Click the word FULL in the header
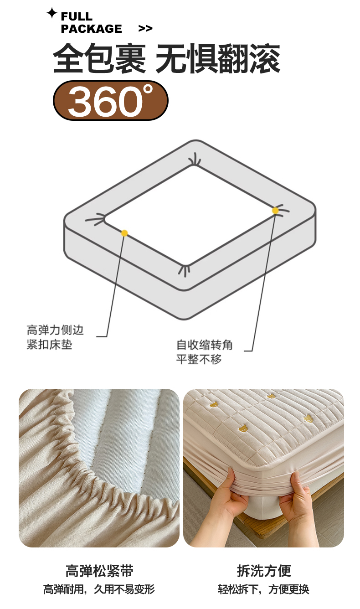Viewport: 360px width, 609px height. (77, 16)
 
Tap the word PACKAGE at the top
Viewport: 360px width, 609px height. (91, 29)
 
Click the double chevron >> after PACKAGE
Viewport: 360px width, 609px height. (145, 29)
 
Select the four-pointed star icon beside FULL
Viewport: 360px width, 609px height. (51, 13)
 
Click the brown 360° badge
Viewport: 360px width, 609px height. (111, 100)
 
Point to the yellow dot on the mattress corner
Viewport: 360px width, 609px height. (275, 211)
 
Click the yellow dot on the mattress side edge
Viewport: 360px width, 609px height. (124, 233)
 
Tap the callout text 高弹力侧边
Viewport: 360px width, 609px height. (55, 330)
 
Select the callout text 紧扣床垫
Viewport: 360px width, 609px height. (50, 345)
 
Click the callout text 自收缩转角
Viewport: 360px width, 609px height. (205, 345)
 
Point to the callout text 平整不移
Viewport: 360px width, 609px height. (199, 359)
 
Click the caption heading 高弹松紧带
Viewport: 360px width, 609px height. (99, 571)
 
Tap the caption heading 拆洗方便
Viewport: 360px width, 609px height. (264, 571)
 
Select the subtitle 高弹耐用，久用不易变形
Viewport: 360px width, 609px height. (99, 589)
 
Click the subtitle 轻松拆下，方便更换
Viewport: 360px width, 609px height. (263, 589)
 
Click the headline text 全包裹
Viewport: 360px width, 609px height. (99, 58)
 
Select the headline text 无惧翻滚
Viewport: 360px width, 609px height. (218, 58)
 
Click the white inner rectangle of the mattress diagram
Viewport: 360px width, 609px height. (190, 215)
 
